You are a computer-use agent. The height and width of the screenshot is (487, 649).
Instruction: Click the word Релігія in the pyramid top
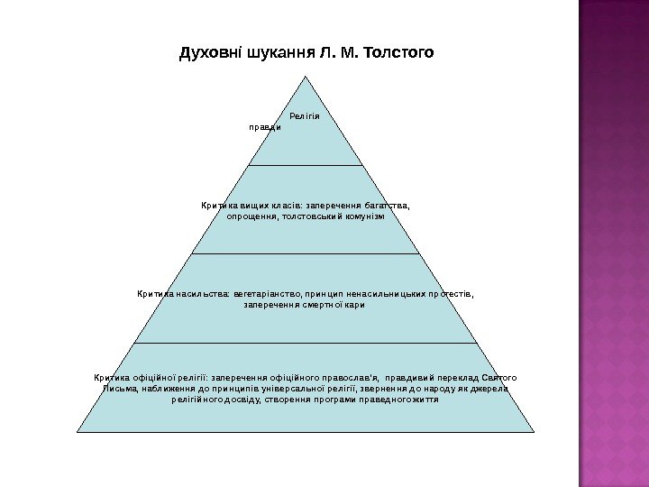(306, 116)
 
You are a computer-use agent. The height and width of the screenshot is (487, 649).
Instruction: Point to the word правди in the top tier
(265, 127)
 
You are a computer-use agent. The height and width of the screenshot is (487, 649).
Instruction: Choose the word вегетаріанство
(267, 293)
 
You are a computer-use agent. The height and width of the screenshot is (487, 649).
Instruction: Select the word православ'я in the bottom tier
(355, 376)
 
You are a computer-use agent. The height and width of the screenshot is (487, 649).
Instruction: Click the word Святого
(499, 376)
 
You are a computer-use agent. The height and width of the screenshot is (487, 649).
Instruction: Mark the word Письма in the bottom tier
(119, 388)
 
